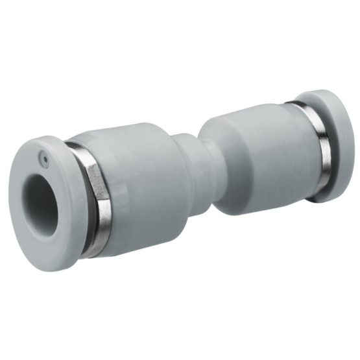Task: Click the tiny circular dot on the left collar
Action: click(x=43, y=156)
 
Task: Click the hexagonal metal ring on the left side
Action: click(x=96, y=201)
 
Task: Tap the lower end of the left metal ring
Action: click(x=91, y=250)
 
